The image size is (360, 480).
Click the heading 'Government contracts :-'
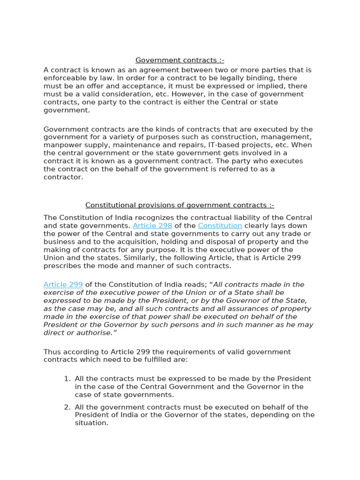pos(180,60)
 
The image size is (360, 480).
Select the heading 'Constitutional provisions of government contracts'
pos(180,205)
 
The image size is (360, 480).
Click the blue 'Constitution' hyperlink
pos(220,225)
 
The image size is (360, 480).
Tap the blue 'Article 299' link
pos(63,285)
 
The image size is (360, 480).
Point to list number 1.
pos(67,379)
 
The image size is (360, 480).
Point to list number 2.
pos(67,407)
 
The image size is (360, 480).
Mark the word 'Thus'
pos(52,352)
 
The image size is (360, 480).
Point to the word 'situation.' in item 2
pos(91,423)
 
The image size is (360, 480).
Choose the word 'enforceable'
pos(65,78)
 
